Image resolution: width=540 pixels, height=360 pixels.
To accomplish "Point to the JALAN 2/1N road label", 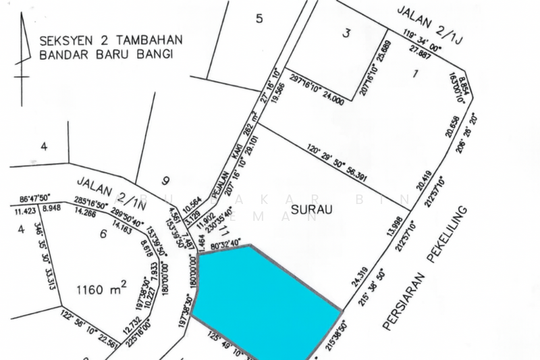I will (103, 188).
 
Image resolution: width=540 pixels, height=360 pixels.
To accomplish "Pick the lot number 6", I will (103, 234).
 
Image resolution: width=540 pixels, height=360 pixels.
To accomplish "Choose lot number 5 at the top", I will (259, 18).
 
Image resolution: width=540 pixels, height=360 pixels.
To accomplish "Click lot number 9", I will (166, 180).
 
